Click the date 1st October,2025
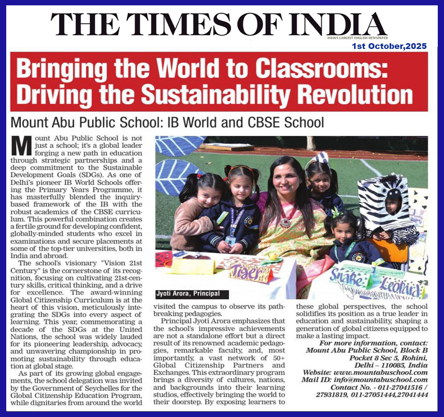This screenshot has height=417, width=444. click(389, 46)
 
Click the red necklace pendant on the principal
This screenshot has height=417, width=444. click(283, 222)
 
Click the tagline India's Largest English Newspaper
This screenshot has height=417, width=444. click(363, 38)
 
